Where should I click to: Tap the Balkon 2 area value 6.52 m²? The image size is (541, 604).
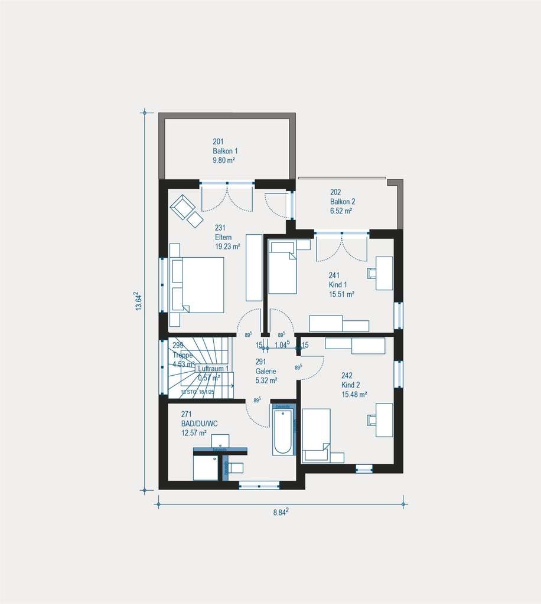pyautogui.click(x=341, y=211)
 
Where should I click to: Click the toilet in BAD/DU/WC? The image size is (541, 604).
pyautogui.click(x=234, y=468)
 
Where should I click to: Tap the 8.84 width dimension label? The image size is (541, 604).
pyautogui.click(x=281, y=512)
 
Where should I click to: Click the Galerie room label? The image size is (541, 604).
pyautogui.click(x=266, y=372)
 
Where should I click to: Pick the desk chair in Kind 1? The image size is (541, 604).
pyautogui.click(x=372, y=273)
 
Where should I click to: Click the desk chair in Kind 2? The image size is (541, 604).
pyautogui.click(x=372, y=419)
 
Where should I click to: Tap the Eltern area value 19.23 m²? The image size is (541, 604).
pyautogui.click(x=227, y=248)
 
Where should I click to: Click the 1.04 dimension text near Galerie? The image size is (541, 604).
pyautogui.click(x=282, y=345)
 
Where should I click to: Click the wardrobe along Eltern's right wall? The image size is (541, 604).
pyautogui.click(x=254, y=267)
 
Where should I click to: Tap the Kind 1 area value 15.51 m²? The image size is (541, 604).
pyautogui.click(x=341, y=294)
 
